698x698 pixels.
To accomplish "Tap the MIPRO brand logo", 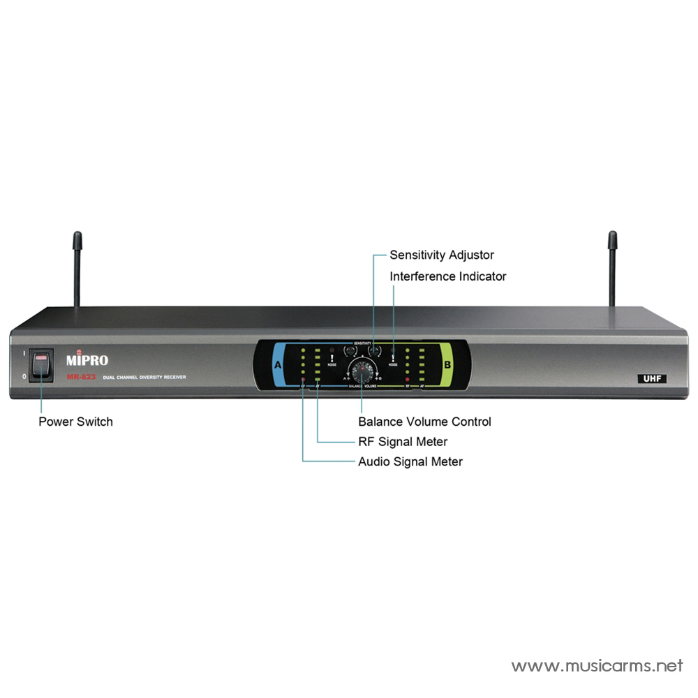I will (x=87, y=360).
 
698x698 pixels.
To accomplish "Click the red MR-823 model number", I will (x=82, y=377).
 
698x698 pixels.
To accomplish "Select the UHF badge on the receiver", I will (x=652, y=378).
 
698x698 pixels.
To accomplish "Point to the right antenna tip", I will (x=612, y=239).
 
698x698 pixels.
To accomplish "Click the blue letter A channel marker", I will (x=278, y=365).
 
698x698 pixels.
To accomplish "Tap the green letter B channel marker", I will (x=447, y=365).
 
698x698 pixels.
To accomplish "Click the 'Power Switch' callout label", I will (x=75, y=422).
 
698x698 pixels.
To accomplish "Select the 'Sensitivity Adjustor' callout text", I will (x=442, y=255).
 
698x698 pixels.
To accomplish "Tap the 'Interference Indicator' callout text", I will (x=448, y=276).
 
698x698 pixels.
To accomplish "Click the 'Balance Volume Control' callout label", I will (x=424, y=422).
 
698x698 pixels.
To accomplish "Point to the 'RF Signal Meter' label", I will (x=403, y=441).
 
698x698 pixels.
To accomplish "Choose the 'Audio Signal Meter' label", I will (x=410, y=461).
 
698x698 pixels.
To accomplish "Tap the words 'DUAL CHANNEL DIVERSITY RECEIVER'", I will (x=144, y=378).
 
